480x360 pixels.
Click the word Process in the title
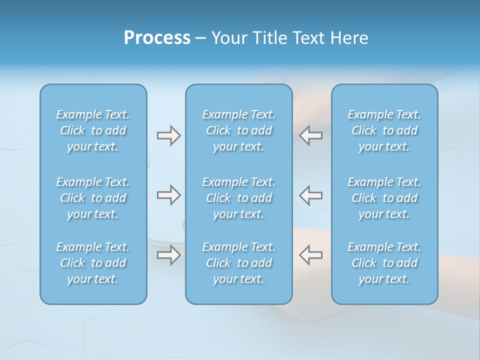click(x=157, y=38)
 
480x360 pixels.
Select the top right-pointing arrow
click(x=168, y=135)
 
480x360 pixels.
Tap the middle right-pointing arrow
click(x=168, y=195)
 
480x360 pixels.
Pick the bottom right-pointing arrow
click(x=168, y=254)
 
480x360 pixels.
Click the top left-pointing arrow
click(x=310, y=135)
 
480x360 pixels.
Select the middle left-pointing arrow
click(x=310, y=195)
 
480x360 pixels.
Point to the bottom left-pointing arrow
click(x=310, y=254)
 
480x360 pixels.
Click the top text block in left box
click(x=93, y=130)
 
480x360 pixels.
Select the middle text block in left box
click(x=93, y=198)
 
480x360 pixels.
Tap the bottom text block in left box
click(x=93, y=263)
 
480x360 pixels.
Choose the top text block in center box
click(x=238, y=130)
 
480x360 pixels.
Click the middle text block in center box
click(x=238, y=198)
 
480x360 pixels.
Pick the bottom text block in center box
click(x=238, y=263)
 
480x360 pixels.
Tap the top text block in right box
click(x=384, y=130)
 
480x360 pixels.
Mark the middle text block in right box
click(x=384, y=198)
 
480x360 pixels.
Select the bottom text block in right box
click(x=384, y=263)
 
